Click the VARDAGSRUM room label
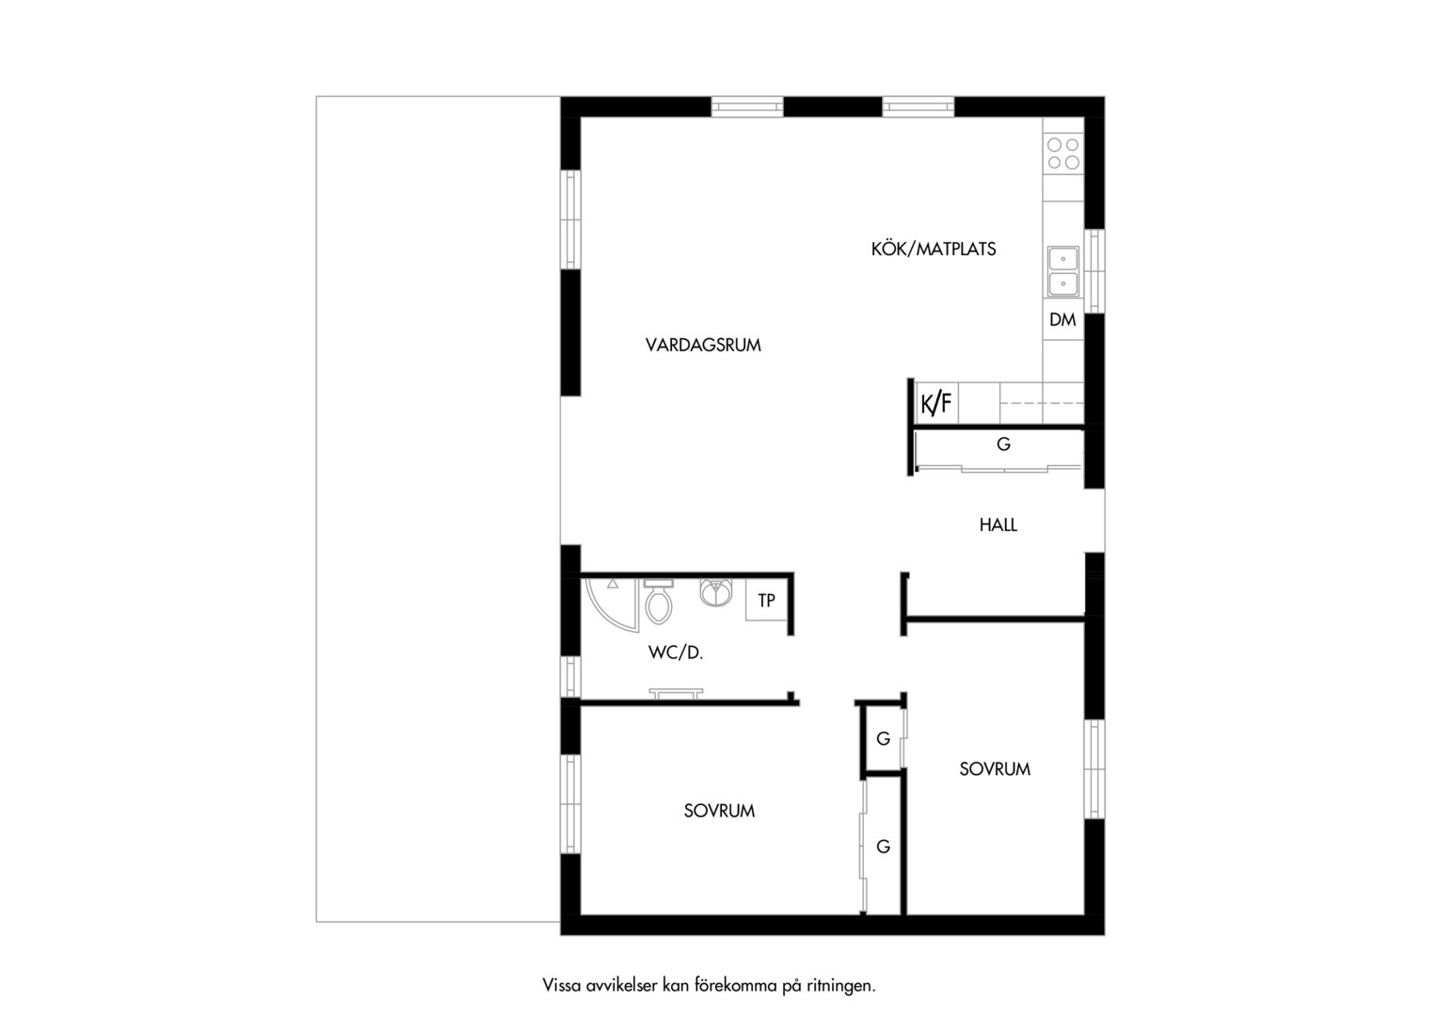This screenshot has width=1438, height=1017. [703, 346]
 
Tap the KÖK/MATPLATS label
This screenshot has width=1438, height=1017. [934, 250]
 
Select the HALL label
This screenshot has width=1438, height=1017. [999, 525]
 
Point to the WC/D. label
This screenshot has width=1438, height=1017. [676, 653]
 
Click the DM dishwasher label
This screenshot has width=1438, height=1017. [1063, 320]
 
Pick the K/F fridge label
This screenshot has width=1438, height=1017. [936, 403]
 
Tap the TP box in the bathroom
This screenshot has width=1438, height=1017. [766, 600]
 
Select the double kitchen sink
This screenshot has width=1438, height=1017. [1063, 271]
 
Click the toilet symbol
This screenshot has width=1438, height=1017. [658, 602]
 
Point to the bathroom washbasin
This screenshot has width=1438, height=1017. [716, 592]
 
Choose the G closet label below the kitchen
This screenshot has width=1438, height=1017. [1003, 444]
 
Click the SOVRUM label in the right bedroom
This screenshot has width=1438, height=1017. [995, 769]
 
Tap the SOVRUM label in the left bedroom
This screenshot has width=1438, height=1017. [719, 811]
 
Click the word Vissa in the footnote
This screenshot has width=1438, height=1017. [562, 985]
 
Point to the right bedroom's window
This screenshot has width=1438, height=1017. [1094, 769]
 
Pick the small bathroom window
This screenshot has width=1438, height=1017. [570, 676]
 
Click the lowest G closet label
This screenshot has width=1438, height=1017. [884, 847]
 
